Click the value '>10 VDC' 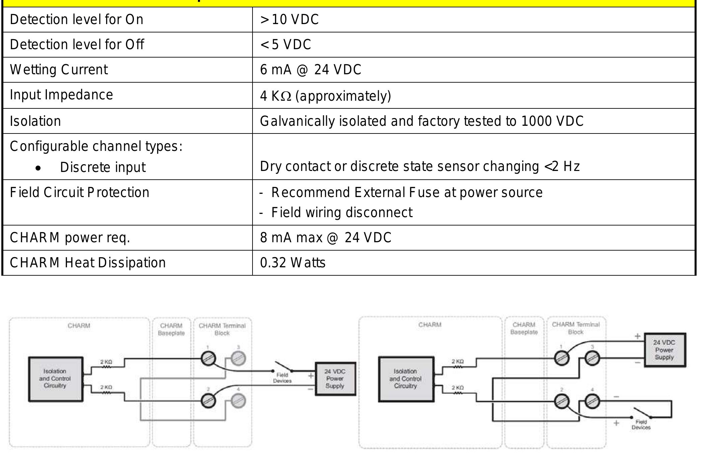point(289,19)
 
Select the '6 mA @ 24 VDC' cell point(310,70)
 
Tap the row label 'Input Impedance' point(61,95)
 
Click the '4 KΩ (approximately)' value point(325,96)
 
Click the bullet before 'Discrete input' point(39,168)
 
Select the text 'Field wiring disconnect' point(342,212)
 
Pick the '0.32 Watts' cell point(292,263)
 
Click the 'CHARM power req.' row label point(70,238)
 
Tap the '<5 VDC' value point(286,44)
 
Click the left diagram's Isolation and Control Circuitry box point(55,379)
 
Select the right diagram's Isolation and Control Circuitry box point(406,379)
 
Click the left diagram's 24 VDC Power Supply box point(335,379)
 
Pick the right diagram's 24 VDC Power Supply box point(664,350)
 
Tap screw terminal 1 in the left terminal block point(208,359)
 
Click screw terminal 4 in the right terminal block point(592,401)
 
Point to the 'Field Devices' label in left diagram point(282,378)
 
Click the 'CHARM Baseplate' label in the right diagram point(524,328)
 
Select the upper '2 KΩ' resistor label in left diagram point(106,362)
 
